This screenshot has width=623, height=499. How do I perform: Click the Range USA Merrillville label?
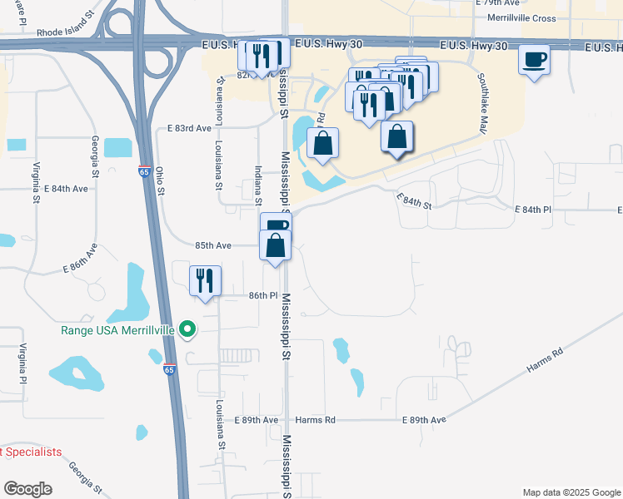point(117,330)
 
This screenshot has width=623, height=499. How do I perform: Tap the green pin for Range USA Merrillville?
point(187,330)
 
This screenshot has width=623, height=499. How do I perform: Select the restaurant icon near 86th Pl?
point(205,280)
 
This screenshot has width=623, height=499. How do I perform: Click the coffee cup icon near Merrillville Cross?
point(534,60)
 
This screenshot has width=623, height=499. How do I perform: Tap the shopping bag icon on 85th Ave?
point(276,246)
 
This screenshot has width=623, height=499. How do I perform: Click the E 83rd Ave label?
point(189,129)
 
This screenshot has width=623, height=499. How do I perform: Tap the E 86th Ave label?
point(87,258)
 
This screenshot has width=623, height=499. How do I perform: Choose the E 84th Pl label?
point(533,210)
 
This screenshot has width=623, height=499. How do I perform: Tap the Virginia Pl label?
point(23,363)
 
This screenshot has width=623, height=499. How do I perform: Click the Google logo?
point(27,489)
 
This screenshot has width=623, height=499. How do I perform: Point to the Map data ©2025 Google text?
point(571,492)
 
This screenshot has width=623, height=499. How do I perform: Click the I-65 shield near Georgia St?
point(145,171)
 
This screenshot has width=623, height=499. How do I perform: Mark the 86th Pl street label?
point(262,296)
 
